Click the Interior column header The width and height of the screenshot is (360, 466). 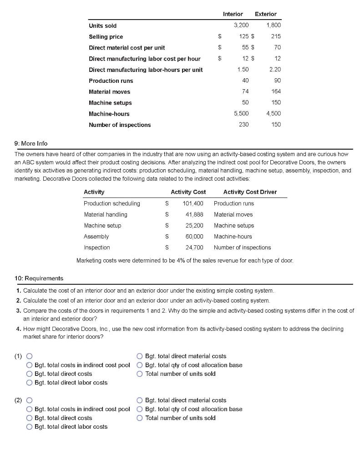pyautogui.click(x=233, y=14)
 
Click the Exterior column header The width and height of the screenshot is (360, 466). pyautogui.click(x=265, y=14)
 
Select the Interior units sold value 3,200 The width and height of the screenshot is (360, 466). pyautogui.click(x=241, y=25)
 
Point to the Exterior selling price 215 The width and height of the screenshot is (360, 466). pyautogui.click(x=275, y=36)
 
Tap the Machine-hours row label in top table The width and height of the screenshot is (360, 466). pyautogui.click(x=109, y=114)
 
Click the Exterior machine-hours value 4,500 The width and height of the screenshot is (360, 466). pyautogui.click(x=273, y=114)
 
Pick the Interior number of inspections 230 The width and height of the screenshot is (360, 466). pyautogui.click(x=243, y=125)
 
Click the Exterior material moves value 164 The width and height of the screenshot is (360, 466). pyautogui.click(x=275, y=91)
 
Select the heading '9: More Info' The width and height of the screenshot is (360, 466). pyautogui.click(x=31, y=143)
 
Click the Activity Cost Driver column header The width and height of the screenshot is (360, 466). pyautogui.click(x=250, y=192)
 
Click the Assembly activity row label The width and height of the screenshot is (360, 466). pyautogui.click(x=96, y=237)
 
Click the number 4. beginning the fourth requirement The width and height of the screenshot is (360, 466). pyautogui.click(x=19, y=329)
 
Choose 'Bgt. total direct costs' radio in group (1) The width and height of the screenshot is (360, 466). pyautogui.click(x=30, y=374)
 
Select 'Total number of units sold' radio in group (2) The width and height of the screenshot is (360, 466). pyautogui.click(x=140, y=418)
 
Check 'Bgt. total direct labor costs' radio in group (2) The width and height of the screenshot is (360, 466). pyautogui.click(x=30, y=426)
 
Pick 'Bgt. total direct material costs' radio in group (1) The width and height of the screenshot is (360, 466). pyautogui.click(x=140, y=356)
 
